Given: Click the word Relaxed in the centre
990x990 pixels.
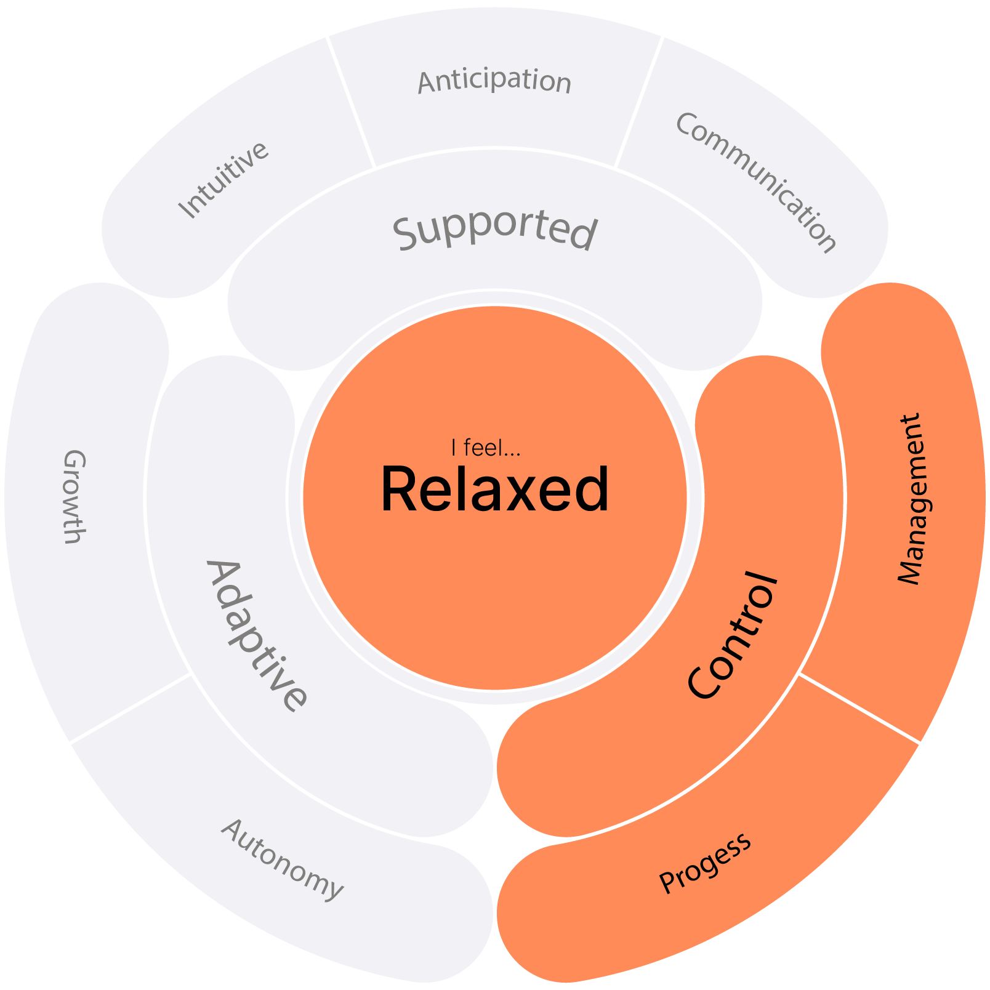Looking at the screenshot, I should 495,489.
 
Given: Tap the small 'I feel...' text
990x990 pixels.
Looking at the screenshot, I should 486,448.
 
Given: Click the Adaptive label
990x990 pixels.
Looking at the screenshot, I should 256,635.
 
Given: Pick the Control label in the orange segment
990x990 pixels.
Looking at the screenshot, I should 733,635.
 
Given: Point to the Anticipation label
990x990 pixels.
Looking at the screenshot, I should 494,81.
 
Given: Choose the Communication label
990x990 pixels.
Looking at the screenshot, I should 756,182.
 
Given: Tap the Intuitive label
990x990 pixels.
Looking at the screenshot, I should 223,180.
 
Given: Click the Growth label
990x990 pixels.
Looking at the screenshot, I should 74,496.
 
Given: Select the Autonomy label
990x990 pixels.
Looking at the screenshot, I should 281,859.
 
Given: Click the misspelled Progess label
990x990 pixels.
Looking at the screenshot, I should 705,862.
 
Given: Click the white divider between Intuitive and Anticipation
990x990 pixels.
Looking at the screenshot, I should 351,102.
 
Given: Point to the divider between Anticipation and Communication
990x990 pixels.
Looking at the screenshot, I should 638,102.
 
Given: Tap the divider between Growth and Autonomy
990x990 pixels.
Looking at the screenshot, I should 131,708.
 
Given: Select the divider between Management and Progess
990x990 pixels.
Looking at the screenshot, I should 859,708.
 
